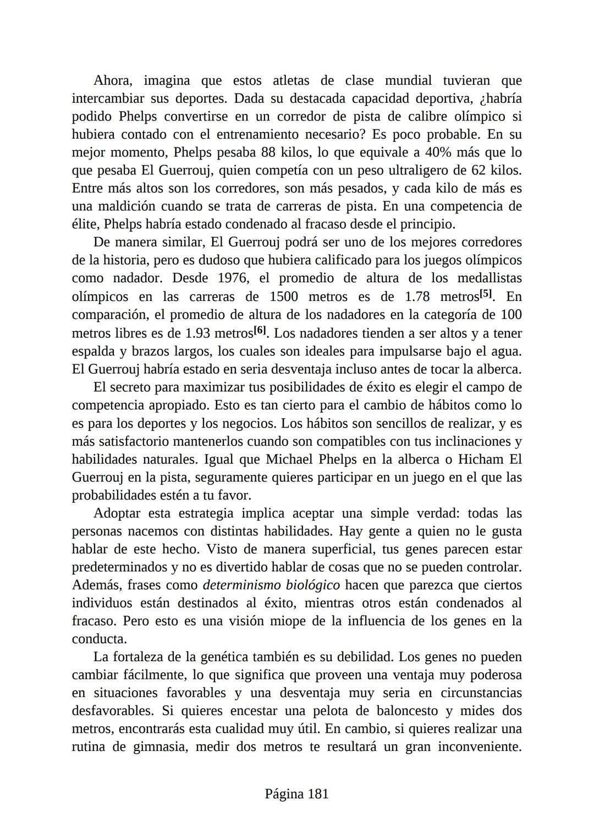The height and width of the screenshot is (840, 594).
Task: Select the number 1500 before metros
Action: pyautogui.click(x=284, y=297)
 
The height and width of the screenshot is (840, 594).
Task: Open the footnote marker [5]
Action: pyautogui.click(x=486, y=294)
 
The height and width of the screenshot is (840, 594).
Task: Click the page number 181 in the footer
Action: pyautogui.click(x=318, y=794)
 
